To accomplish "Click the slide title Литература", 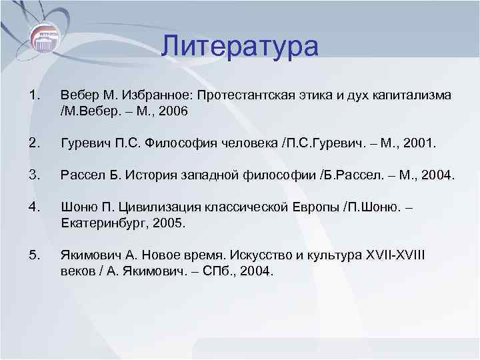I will tap(240, 47).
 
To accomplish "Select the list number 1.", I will tap(35, 96).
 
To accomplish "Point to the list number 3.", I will tap(35, 175).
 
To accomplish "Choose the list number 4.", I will tap(35, 207).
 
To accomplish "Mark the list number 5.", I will tap(35, 255).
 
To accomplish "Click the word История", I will tap(145, 175).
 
